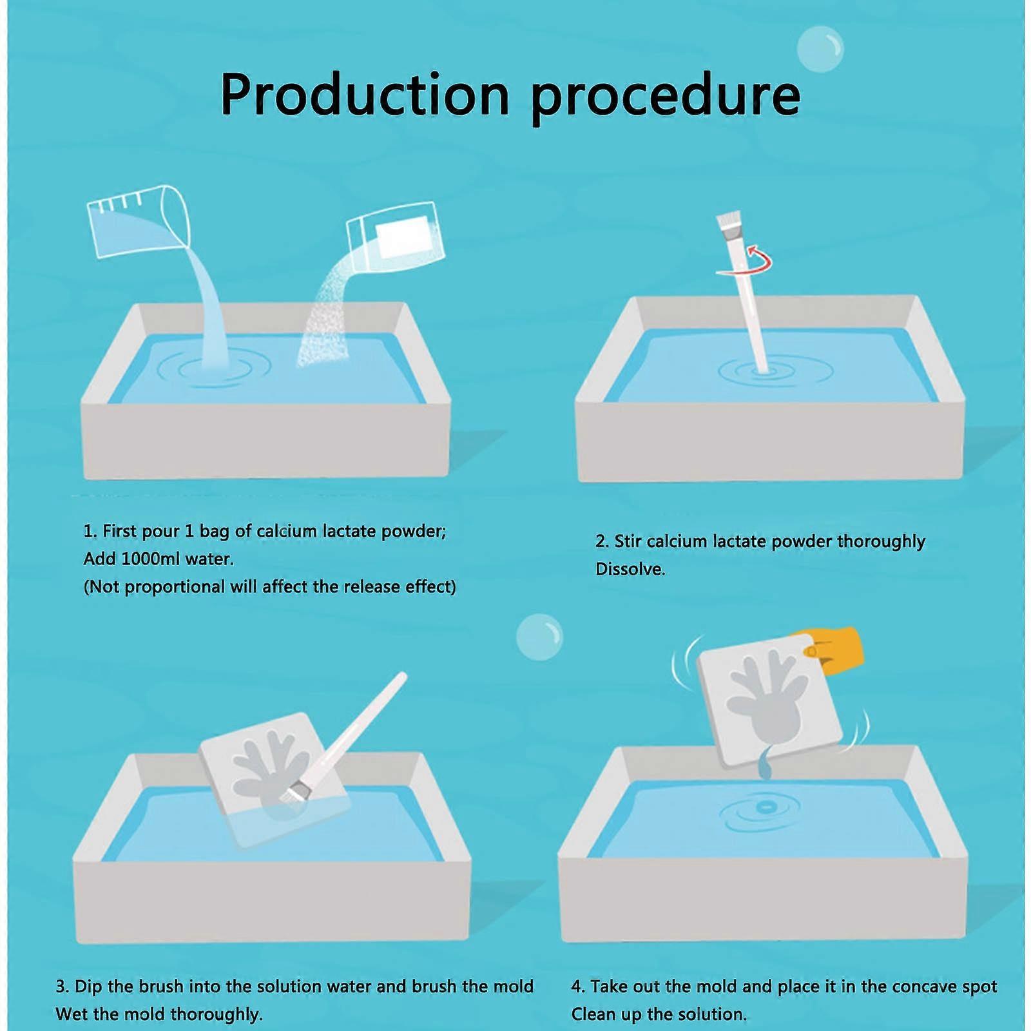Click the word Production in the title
coord(365,95)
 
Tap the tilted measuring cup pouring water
coord(139,219)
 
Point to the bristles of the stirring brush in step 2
coord(728,224)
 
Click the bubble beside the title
coord(820,48)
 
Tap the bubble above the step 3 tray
coord(539,637)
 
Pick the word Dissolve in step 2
coord(630,569)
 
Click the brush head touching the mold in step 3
coord(298,792)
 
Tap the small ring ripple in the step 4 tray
coord(765,806)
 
